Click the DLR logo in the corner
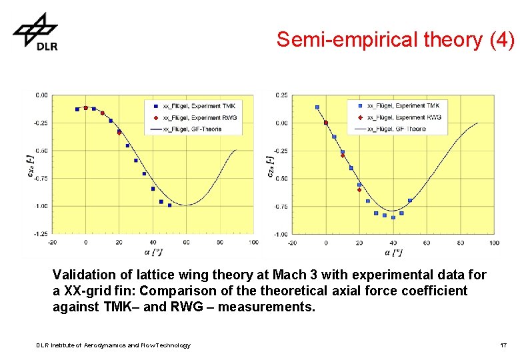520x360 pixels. click(35, 32)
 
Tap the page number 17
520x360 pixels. click(503, 345)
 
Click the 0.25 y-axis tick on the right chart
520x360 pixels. click(282, 95)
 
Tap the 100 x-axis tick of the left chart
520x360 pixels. click(253, 242)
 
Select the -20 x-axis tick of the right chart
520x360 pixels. click(292, 243)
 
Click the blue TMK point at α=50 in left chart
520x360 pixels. click(169, 205)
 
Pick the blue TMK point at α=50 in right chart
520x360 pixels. click(410, 200)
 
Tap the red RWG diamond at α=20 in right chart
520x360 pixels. click(359, 190)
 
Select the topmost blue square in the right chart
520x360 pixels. click(317, 107)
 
